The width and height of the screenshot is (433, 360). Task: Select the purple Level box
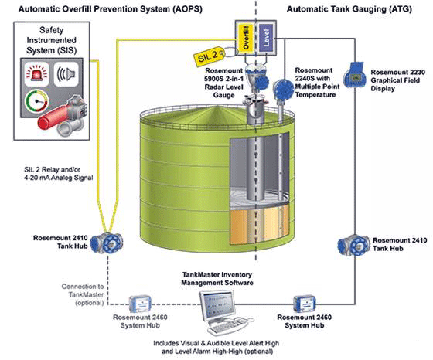(x=266, y=38)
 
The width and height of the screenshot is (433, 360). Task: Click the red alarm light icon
(x=37, y=74)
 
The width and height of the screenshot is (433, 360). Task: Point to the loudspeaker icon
(x=66, y=74)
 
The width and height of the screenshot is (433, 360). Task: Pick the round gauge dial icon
(x=37, y=101)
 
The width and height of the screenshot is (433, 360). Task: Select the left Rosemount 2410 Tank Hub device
(x=107, y=243)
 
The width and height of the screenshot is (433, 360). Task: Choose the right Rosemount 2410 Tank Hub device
(x=354, y=245)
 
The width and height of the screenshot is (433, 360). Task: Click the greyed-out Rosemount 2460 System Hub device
(x=140, y=304)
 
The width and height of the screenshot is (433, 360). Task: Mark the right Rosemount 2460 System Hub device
(x=305, y=304)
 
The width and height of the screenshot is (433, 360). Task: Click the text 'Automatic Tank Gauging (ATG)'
(x=349, y=9)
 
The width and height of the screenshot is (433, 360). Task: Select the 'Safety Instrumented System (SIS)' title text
(x=51, y=40)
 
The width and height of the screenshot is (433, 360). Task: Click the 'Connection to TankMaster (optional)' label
(x=83, y=294)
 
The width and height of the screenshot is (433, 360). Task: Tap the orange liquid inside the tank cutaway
(x=260, y=226)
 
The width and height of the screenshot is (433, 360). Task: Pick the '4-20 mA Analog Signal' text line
(x=59, y=178)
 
